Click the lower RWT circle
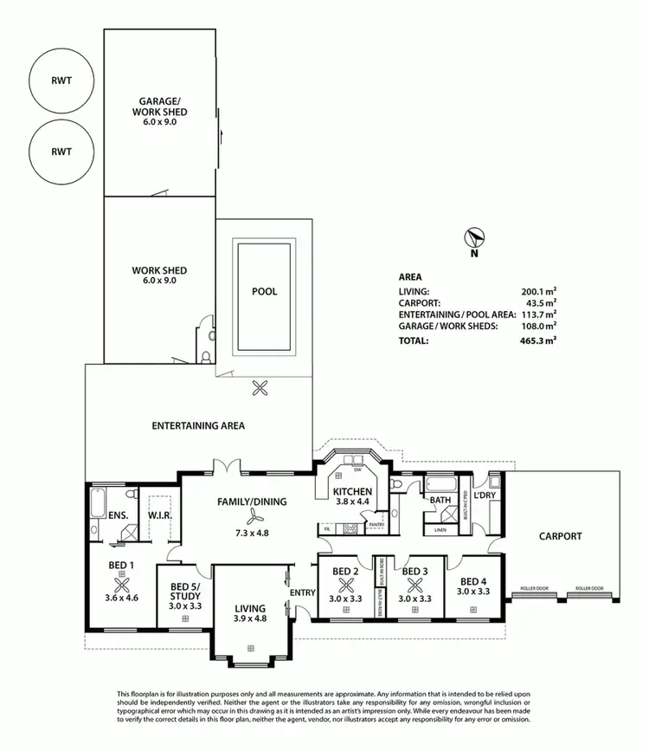point(61,151)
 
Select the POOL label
point(264,292)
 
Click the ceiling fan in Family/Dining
point(252,517)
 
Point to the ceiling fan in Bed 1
point(120,581)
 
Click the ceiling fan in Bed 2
point(345,585)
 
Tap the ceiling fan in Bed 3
point(414,585)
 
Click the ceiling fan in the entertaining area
point(259,388)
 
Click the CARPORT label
point(561,536)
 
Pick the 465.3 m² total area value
point(538,341)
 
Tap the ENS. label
point(119,515)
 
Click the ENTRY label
point(303,592)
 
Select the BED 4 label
point(473,581)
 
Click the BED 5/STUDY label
point(185,591)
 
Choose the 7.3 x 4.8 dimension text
point(252,533)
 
